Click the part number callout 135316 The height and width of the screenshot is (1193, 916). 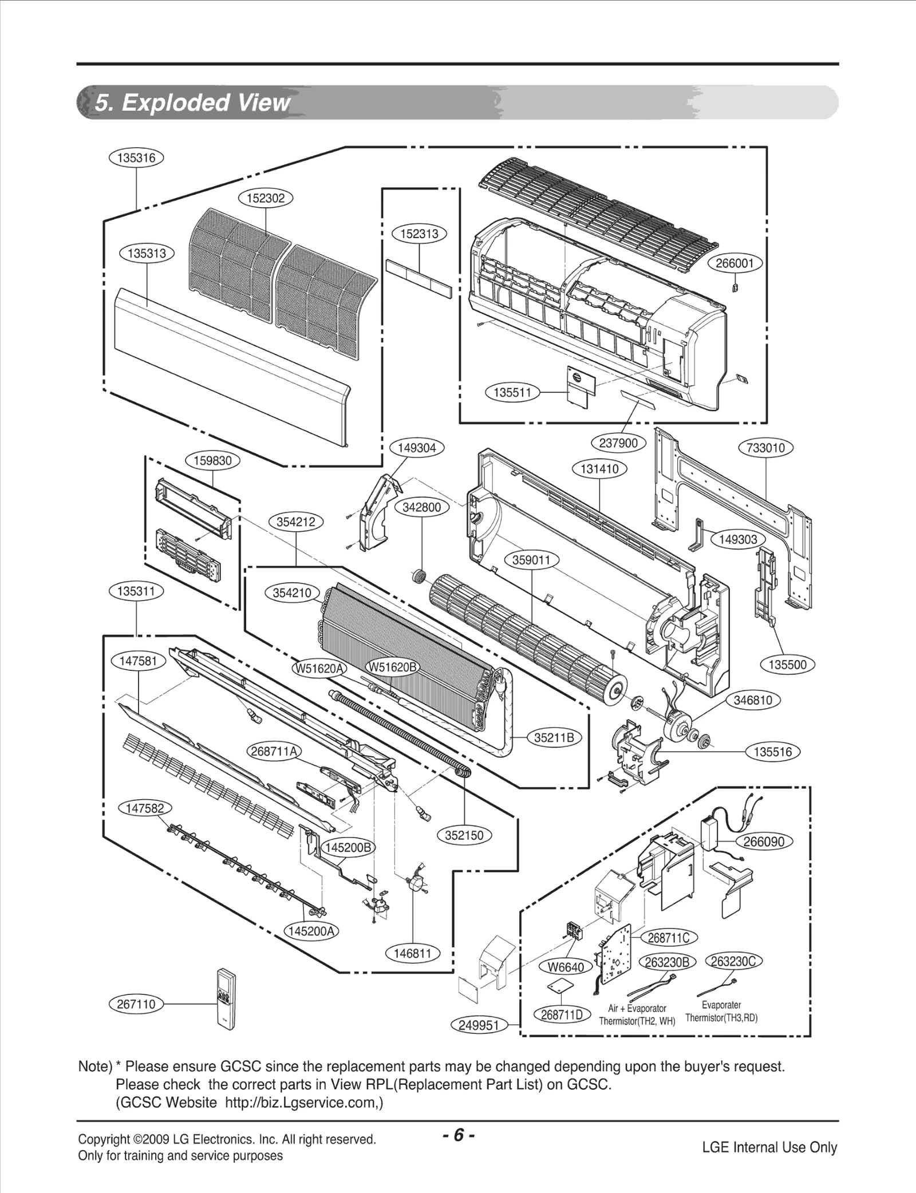pos(136,158)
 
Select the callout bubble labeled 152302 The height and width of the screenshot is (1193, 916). pos(265,199)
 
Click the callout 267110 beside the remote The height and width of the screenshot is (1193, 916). pos(136,1004)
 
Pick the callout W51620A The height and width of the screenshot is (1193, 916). pos(319,668)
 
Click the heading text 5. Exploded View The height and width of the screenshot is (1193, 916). pos(192,103)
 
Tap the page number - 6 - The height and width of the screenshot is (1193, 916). pos(458,1135)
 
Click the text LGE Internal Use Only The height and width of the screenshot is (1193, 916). pos(769,1147)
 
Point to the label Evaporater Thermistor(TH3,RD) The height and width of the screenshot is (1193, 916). pos(721,1011)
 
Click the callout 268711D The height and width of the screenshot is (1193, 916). pos(562,1015)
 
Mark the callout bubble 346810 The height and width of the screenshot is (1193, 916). pos(753,700)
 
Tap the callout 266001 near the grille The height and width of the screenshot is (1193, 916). pos(739,263)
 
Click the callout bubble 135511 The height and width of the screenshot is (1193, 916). pos(512,393)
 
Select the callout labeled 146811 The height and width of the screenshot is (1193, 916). pos(412,954)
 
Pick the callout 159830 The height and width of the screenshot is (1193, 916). pos(212,461)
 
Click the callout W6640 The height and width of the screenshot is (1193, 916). pos(566,967)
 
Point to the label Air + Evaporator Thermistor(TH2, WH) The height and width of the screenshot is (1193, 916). pos(637,1015)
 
